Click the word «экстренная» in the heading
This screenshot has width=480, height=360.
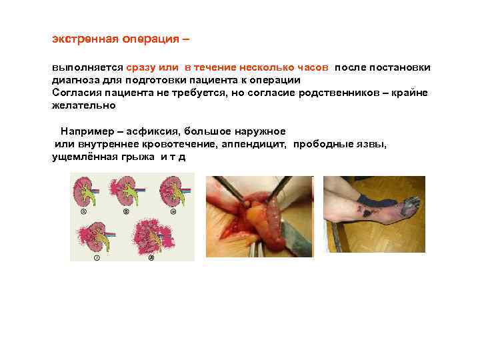(x=85, y=39)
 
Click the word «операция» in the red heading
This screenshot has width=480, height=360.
(x=150, y=39)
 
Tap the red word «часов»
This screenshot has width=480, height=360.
(x=314, y=68)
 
